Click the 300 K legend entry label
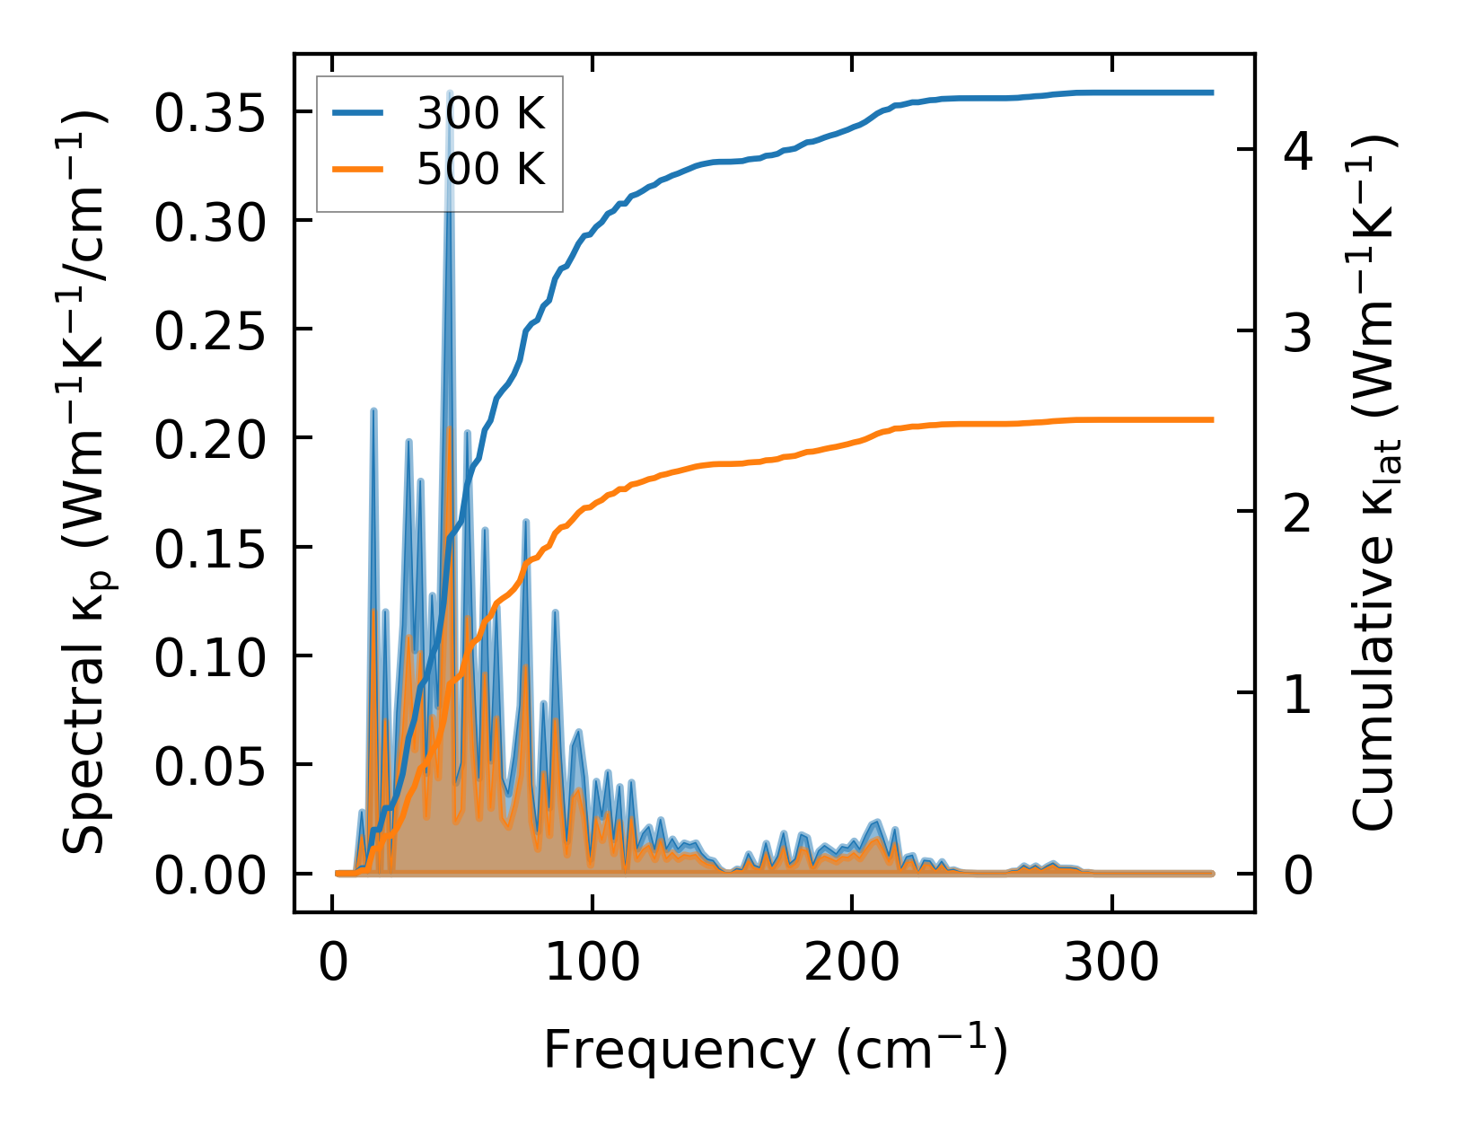pos(480,113)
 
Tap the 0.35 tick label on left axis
pos(211,113)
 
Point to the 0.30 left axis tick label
pos(211,222)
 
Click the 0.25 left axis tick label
pos(211,330)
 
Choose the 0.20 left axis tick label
pos(211,439)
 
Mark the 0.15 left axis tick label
pos(211,548)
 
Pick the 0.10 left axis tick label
pos(211,656)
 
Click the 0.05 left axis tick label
pos(211,766)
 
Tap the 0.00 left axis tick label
pos(211,875)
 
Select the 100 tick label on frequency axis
pos(592,964)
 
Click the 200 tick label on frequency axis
pos(851,964)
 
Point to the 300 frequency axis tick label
pos(1111,964)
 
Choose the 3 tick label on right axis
pos(1298,332)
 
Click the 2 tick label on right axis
pos(1298,514)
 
